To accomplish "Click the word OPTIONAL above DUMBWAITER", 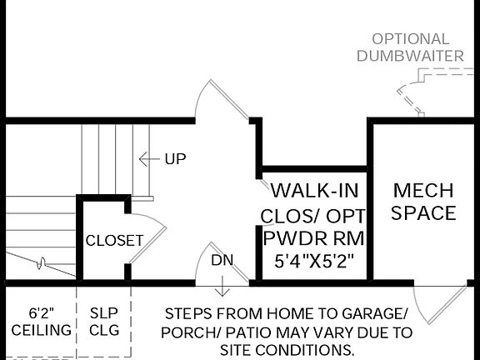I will (410, 39).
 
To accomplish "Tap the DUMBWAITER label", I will (410, 56).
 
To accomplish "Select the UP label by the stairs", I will (175, 158).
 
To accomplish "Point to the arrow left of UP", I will (148, 158).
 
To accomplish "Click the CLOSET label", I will (115, 241).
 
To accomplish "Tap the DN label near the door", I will (222, 260).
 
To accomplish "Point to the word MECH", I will (423, 189).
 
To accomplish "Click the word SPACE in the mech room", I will (423, 213).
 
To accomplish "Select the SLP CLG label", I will (105, 322).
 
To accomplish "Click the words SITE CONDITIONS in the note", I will (288, 350).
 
